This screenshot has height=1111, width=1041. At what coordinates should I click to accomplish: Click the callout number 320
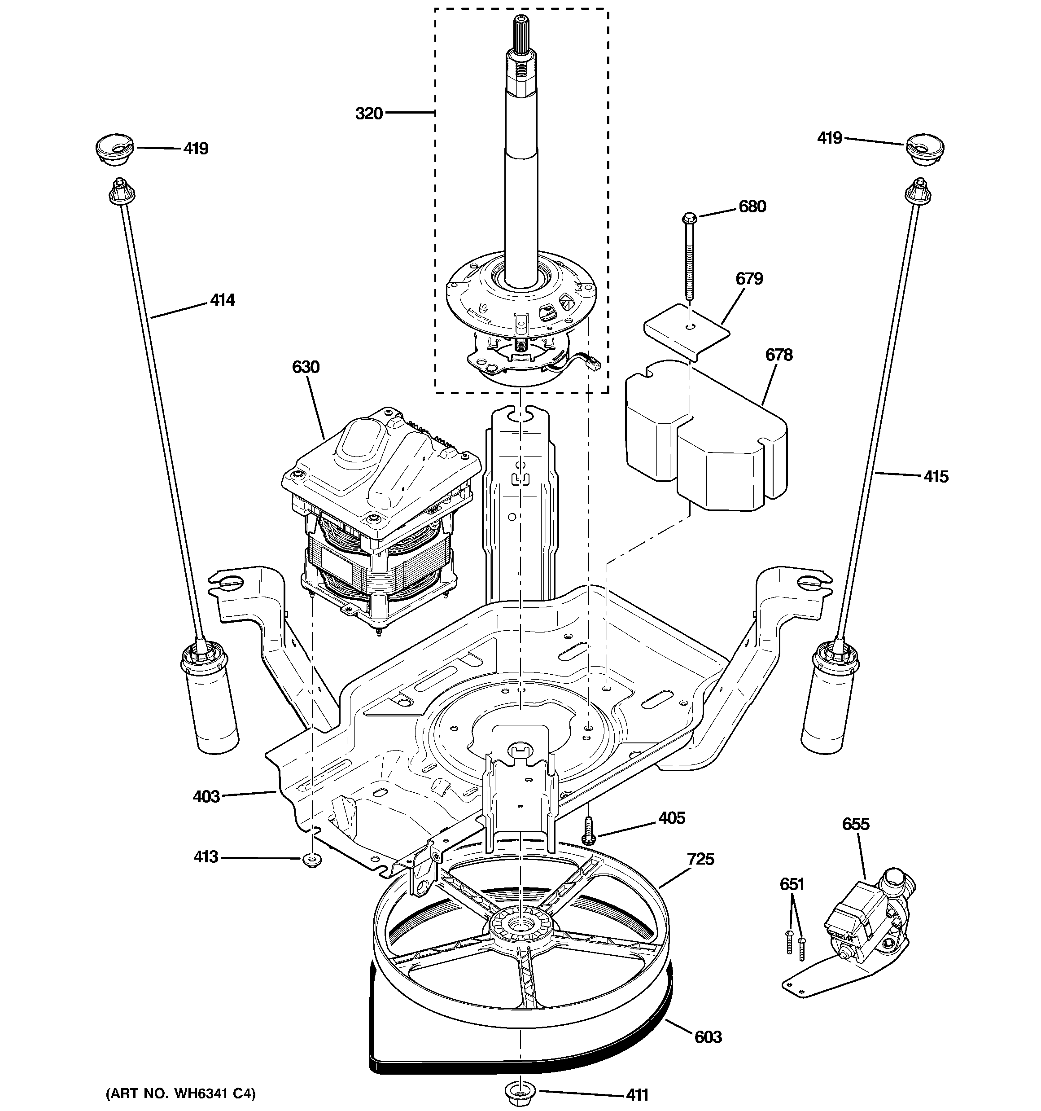coord(369,114)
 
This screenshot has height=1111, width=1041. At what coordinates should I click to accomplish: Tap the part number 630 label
coord(306,367)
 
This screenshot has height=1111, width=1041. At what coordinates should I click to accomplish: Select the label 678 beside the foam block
coord(779,355)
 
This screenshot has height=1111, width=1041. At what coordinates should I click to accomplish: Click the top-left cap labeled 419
coord(114,149)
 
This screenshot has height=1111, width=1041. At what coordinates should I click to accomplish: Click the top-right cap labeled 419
coord(924,149)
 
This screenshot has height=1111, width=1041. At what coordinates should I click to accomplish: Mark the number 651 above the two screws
coord(791,884)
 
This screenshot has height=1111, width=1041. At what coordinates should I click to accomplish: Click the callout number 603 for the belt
coord(708,1037)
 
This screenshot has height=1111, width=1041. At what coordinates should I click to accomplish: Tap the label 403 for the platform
coord(206,796)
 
